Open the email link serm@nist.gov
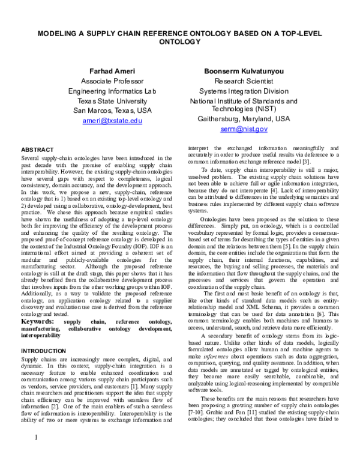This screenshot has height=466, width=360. [x=243, y=129]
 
